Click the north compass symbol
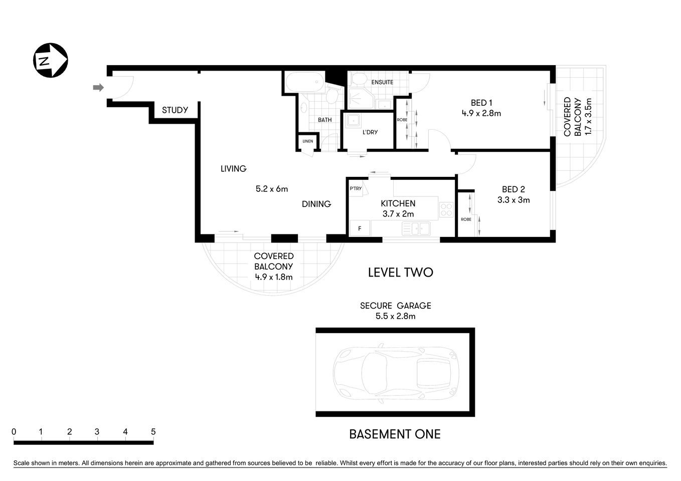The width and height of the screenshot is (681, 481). (x=50, y=61)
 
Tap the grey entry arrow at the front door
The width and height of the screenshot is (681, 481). (x=98, y=88)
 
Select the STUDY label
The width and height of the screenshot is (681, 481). (x=175, y=110)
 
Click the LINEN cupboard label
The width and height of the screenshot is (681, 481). (x=307, y=141)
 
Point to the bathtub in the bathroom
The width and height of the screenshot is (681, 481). (x=304, y=82)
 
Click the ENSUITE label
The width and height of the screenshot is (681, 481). (x=382, y=82)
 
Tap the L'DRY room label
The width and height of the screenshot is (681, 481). (x=370, y=132)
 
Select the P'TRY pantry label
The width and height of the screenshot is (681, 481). (x=356, y=188)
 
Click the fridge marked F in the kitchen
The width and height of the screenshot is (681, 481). (x=359, y=229)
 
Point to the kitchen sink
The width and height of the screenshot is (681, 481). (x=416, y=229)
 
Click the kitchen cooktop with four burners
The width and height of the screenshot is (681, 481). (x=446, y=210)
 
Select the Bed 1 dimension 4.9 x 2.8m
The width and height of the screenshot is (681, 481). (x=481, y=113)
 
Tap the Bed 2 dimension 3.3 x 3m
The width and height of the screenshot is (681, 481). (x=513, y=200)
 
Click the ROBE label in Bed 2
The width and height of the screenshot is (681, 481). (x=466, y=219)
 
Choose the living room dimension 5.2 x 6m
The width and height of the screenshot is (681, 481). (x=272, y=189)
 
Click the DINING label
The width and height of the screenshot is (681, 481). (x=316, y=204)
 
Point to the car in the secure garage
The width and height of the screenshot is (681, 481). (x=396, y=372)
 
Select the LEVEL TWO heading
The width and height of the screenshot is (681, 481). (x=400, y=273)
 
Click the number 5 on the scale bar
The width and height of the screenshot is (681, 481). (x=153, y=432)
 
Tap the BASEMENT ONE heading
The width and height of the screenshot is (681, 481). (x=395, y=434)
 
